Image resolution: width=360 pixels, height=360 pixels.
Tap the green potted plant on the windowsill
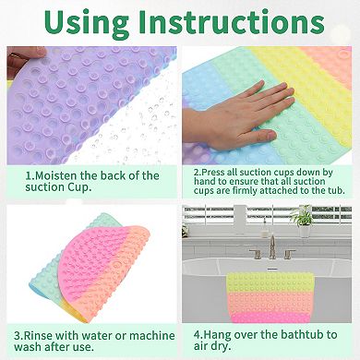pyautogui.click(x=302, y=220)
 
